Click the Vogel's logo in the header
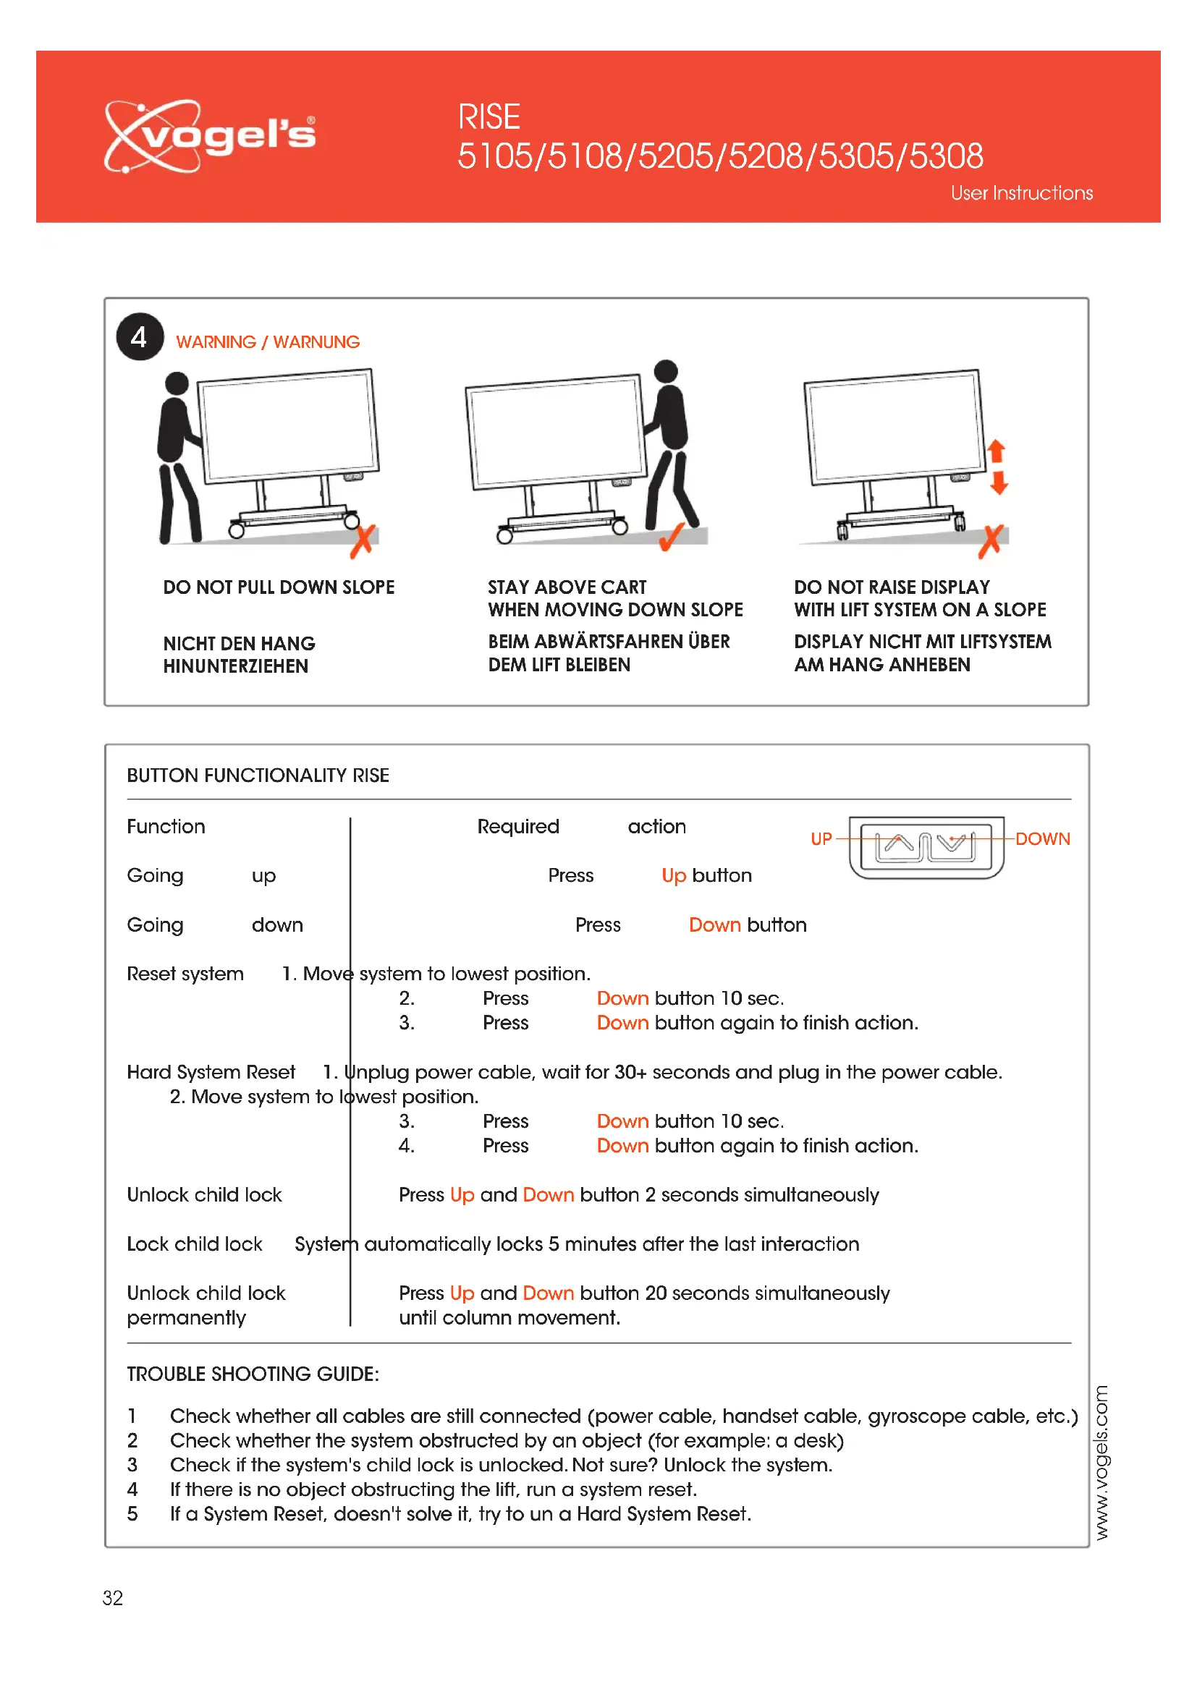(x=210, y=135)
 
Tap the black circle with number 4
(x=139, y=338)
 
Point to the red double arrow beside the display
(x=997, y=467)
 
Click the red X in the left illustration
(x=363, y=542)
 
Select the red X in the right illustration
(x=991, y=542)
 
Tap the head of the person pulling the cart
(x=177, y=383)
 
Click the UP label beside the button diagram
(x=821, y=839)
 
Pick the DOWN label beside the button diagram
(x=1042, y=839)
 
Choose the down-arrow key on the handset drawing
(x=952, y=843)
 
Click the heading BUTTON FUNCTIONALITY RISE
(x=258, y=776)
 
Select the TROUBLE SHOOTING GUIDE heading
(x=253, y=1374)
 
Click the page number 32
(x=113, y=1599)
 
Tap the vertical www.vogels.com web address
(x=1101, y=1463)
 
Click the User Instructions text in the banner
(x=1022, y=193)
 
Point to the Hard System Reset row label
(x=211, y=1072)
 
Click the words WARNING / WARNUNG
(x=268, y=343)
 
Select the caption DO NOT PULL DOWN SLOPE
(x=279, y=587)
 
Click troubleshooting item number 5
(x=132, y=1514)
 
